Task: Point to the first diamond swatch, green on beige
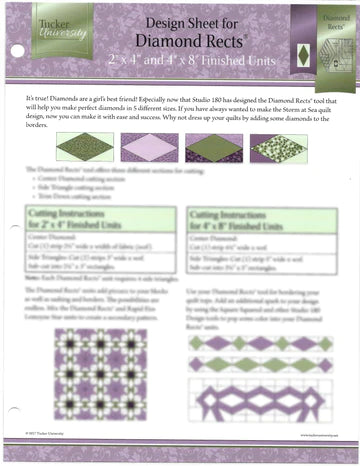click(84, 147)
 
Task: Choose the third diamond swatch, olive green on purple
click(212, 147)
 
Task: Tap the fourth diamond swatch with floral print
click(277, 147)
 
